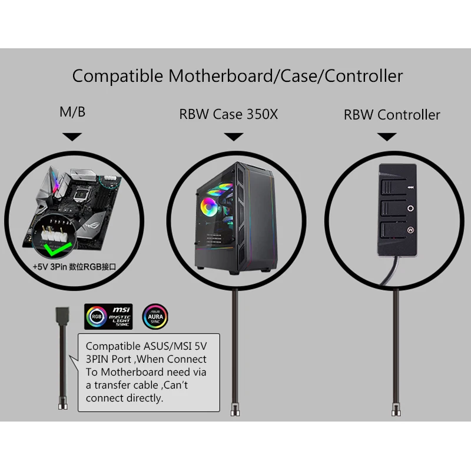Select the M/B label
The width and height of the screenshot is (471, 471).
click(x=72, y=112)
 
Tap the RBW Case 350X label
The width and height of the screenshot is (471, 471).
click(x=228, y=114)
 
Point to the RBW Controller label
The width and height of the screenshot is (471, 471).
click(x=392, y=114)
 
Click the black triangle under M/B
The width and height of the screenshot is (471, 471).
click(x=72, y=137)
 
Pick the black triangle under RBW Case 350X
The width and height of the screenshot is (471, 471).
click(x=234, y=137)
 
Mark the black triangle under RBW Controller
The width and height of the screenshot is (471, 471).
click(x=387, y=137)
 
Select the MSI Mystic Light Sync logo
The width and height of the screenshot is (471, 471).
click(x=108, y=317)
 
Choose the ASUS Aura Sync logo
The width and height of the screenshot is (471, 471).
click(x=155, y=317)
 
